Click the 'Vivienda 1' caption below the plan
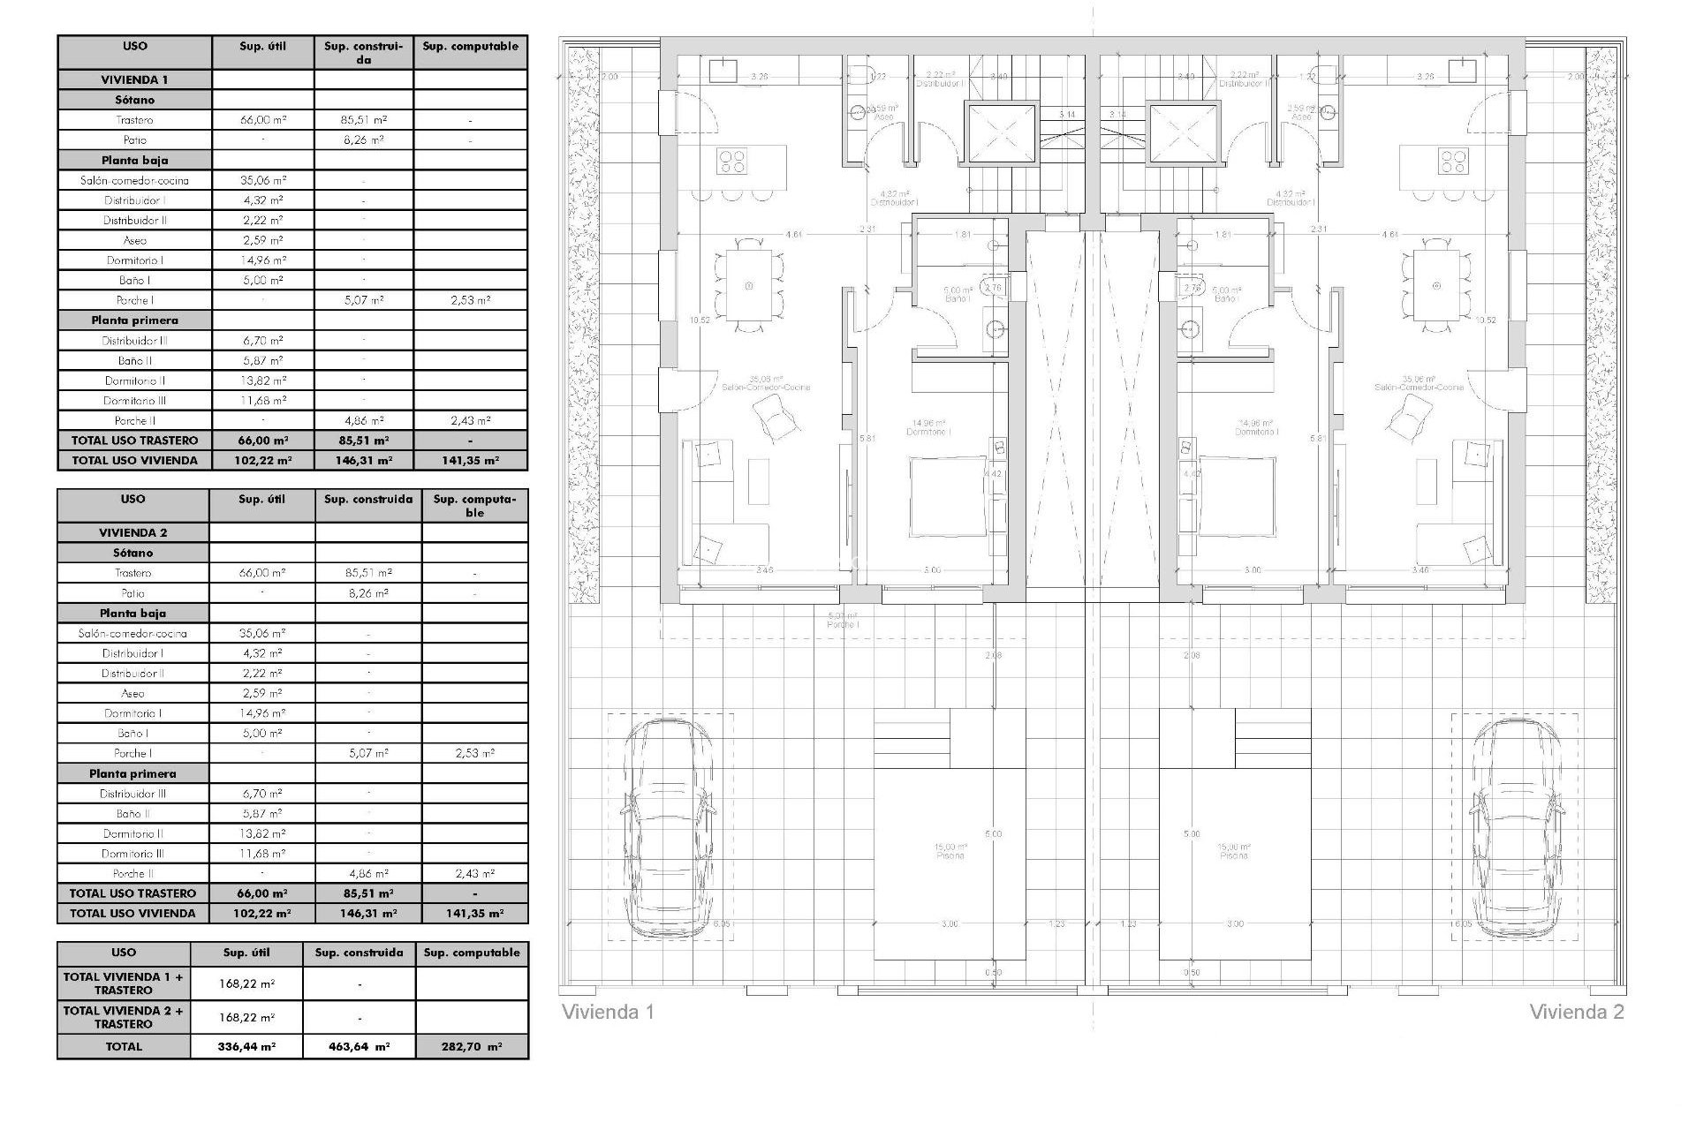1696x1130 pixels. click(x=608, y=1012)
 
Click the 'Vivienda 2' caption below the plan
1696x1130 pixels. click(x=1576, y=1012)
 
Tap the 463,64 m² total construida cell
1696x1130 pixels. click(x=359, y=1046)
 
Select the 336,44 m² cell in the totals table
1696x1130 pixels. click(x=246, y=1046)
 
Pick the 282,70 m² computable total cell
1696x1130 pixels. click(x=472, y=1046)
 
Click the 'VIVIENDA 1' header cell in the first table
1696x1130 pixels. click(x=134, y=79)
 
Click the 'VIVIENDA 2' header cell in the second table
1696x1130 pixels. click(x=132, y=532)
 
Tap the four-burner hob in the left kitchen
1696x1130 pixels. click(x=733, y=161)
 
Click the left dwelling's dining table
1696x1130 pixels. click(x=749, y=285)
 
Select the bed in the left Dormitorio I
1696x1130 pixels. click(x=948, y=496)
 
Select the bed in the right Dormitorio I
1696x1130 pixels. click(x=1237, y=496)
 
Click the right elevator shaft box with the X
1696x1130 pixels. click(x=1183, y=133)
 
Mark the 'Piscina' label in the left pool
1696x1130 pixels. click(x=950, y=855)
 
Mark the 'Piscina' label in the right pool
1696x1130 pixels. click(x=1234, y=855)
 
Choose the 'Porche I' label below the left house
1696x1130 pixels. click(x=844, y=624)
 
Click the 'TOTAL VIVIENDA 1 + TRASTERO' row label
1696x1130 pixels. click(x=124, y=983)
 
